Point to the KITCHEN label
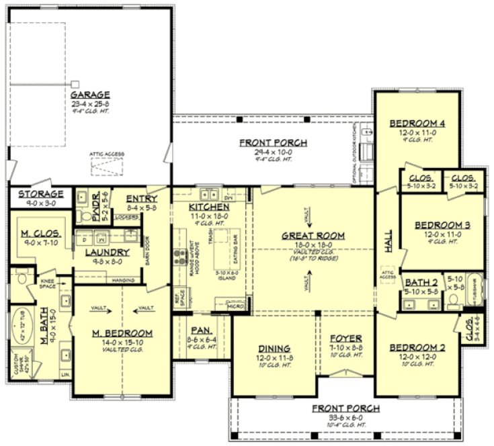209,208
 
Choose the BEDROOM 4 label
417,124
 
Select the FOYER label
346,338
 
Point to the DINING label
274,349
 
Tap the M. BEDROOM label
122,333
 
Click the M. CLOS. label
42,233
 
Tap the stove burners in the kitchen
180,255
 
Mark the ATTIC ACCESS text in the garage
106,154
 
